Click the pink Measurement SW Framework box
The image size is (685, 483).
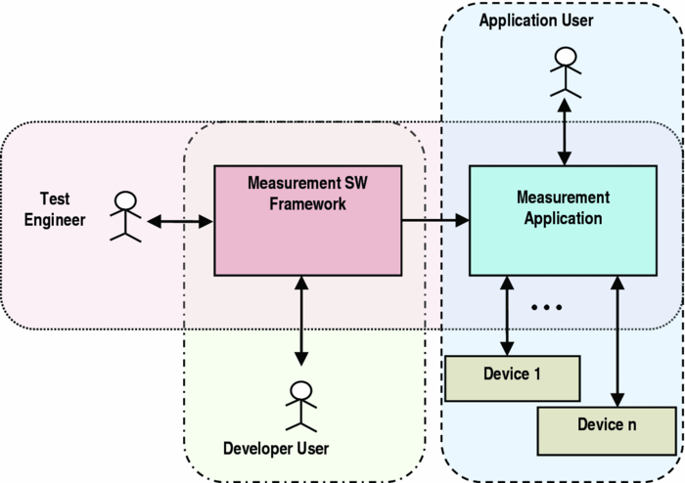[x=307, y=220]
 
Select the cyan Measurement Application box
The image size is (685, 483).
[x=563, y=220]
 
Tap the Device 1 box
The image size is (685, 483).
[x=513, y=378]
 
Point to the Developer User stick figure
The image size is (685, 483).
[x=301, y=406]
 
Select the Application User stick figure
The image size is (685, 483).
[x=564, y=74]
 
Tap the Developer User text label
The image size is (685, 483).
[x=276, y=449]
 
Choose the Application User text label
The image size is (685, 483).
[x=535, y=21]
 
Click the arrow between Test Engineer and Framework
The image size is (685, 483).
[x=180, y=222]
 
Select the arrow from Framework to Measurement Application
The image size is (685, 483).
[x=435, y=220]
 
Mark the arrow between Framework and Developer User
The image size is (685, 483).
[x=301, y=318]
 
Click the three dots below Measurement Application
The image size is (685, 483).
[x=546, y=307]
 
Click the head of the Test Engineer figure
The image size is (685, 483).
[x=125, y=200]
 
